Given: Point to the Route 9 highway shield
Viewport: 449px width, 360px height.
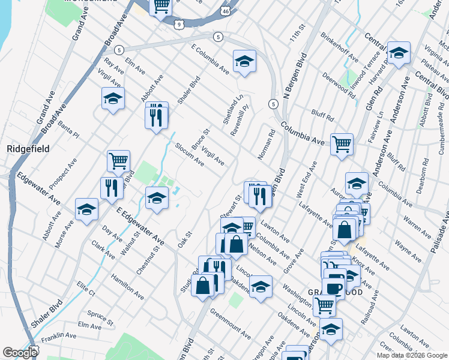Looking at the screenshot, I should coord(179,24).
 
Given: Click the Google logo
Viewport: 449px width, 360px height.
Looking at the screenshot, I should coord(20,353).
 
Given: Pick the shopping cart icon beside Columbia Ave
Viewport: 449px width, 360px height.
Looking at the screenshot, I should coord(342,144).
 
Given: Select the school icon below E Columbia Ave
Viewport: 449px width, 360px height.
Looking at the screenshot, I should coord(244,62).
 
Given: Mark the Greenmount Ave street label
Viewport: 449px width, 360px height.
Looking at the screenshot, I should coord(231,322).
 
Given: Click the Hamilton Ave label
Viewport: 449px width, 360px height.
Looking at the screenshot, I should coord(127,286).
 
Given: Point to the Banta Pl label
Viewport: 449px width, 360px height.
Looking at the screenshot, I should coord(68,133).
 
